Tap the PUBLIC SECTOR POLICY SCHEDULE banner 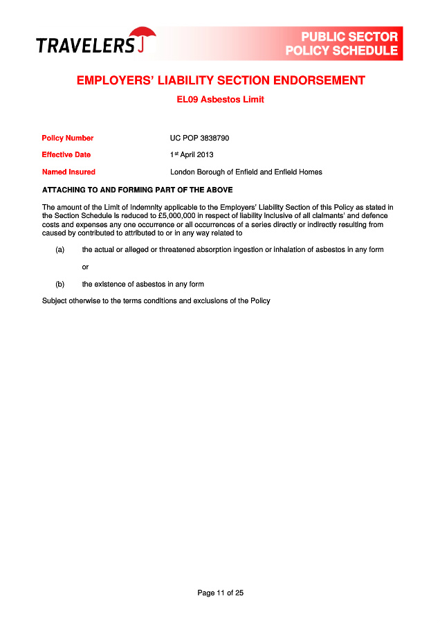coord(342,44)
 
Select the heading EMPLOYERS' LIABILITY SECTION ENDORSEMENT coord(220,80)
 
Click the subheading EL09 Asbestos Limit coord(220,100)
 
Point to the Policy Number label coord(68,138)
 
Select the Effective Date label coord(66,154)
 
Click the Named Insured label coord(68,172)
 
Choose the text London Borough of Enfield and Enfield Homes coord(246,172)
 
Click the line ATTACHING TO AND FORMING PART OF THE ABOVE coord(138,190)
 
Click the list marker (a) coord(60,249)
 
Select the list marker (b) coord(60,284)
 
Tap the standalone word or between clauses coord(85,267)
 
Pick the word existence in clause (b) coord(111,284)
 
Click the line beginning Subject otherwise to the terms coord(156,300)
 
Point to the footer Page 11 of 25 coord(220,593)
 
